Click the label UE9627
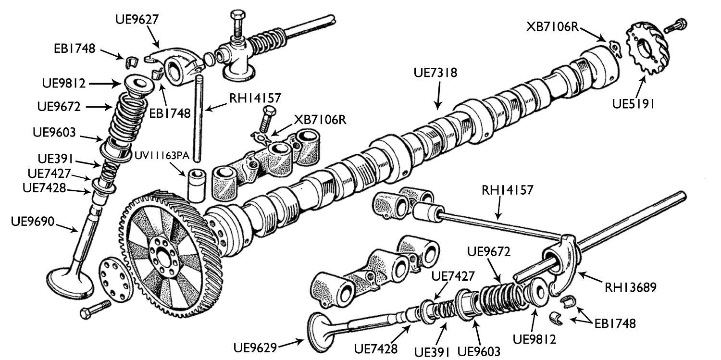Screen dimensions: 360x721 (x=137, y=19)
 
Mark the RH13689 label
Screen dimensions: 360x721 (x=630, y=287)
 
